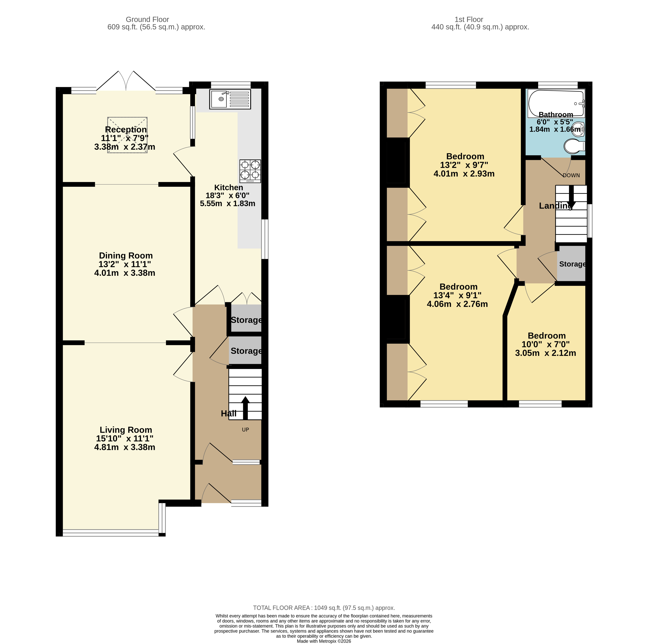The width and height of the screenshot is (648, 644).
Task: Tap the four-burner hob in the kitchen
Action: click(250, 171)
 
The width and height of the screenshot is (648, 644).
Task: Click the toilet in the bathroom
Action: click(574, 146)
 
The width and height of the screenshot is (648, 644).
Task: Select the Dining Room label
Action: click(126, 256)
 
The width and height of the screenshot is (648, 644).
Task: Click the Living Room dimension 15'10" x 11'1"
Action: click(125, 438)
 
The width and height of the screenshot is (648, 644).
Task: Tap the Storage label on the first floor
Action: click(572, 264)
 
